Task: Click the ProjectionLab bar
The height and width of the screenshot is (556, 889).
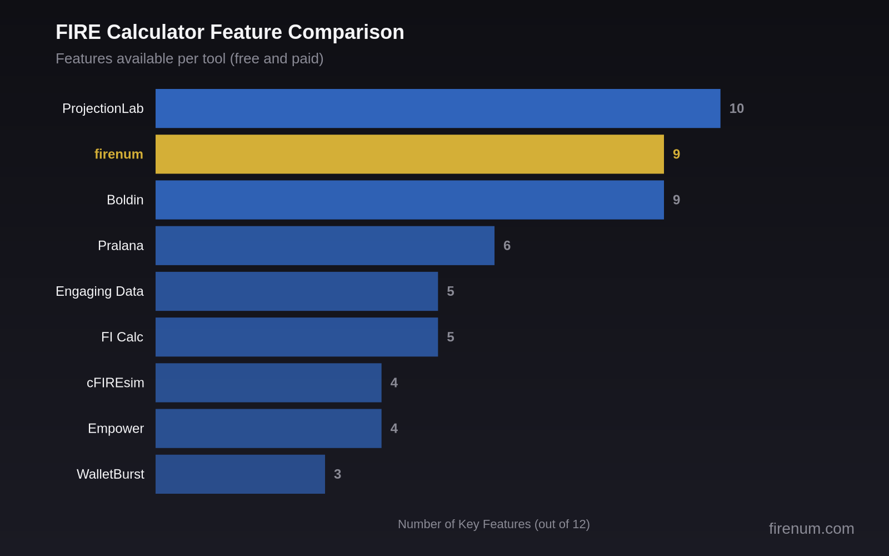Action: (438, 108)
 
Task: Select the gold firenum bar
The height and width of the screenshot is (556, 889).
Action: (409, 154)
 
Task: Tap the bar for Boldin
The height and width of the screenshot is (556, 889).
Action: (409, 200)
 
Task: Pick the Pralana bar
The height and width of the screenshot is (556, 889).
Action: (325, 246)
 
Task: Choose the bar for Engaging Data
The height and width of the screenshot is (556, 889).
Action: (297, 291)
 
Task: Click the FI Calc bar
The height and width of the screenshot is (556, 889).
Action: (297, 337)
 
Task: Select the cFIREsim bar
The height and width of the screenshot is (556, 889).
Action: (268, 383)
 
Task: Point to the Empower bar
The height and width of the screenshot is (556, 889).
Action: (268, 429)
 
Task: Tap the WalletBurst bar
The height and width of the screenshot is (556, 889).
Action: (240, 474)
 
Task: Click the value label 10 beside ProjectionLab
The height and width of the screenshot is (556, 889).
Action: (736, 108)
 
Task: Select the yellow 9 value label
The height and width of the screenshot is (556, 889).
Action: (676, 154)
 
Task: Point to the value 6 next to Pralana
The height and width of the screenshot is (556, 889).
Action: (507, 246)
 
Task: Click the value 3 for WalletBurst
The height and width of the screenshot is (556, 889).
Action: (337, 474)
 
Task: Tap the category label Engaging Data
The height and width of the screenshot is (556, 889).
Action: (99, 291)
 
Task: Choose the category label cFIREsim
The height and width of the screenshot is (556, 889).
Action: (115, 383)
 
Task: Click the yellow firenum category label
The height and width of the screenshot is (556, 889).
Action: (118, 154)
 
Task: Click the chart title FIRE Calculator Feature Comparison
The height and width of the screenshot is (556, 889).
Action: (230, 32)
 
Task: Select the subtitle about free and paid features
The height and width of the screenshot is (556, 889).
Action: (189, 58)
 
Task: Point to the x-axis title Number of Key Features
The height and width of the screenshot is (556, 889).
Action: (493, 524)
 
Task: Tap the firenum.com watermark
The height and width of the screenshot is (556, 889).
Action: (811, 528)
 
